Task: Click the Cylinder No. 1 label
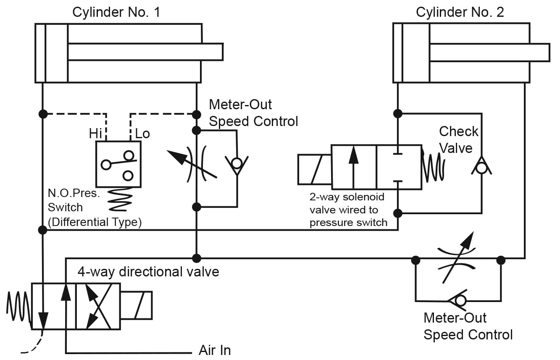tap(116, 12)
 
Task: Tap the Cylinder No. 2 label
tap(460, 12)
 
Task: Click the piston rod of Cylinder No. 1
tap(145, 52)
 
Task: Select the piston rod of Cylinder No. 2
tap(489, 53)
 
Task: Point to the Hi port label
tap(95, 134)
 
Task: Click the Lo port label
tap(142, 134)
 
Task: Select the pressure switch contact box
tap(118, 164)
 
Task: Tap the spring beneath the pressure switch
tap(120, 199)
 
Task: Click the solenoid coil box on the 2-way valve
tap(315, 170)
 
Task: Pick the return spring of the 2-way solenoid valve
tap(433, 167)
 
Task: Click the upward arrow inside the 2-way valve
tap(353, 167)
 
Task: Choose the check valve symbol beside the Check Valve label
tap(481, 166)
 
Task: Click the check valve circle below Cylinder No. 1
tap(237, 164)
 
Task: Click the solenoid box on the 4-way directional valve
tap(136, 305)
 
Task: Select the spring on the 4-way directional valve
tap(19, 307)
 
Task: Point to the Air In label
tap(215, 350)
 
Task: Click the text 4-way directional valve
tap(148, 272)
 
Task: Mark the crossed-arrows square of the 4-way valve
tap(98, 307)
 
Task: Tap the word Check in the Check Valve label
tap(458, 131)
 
